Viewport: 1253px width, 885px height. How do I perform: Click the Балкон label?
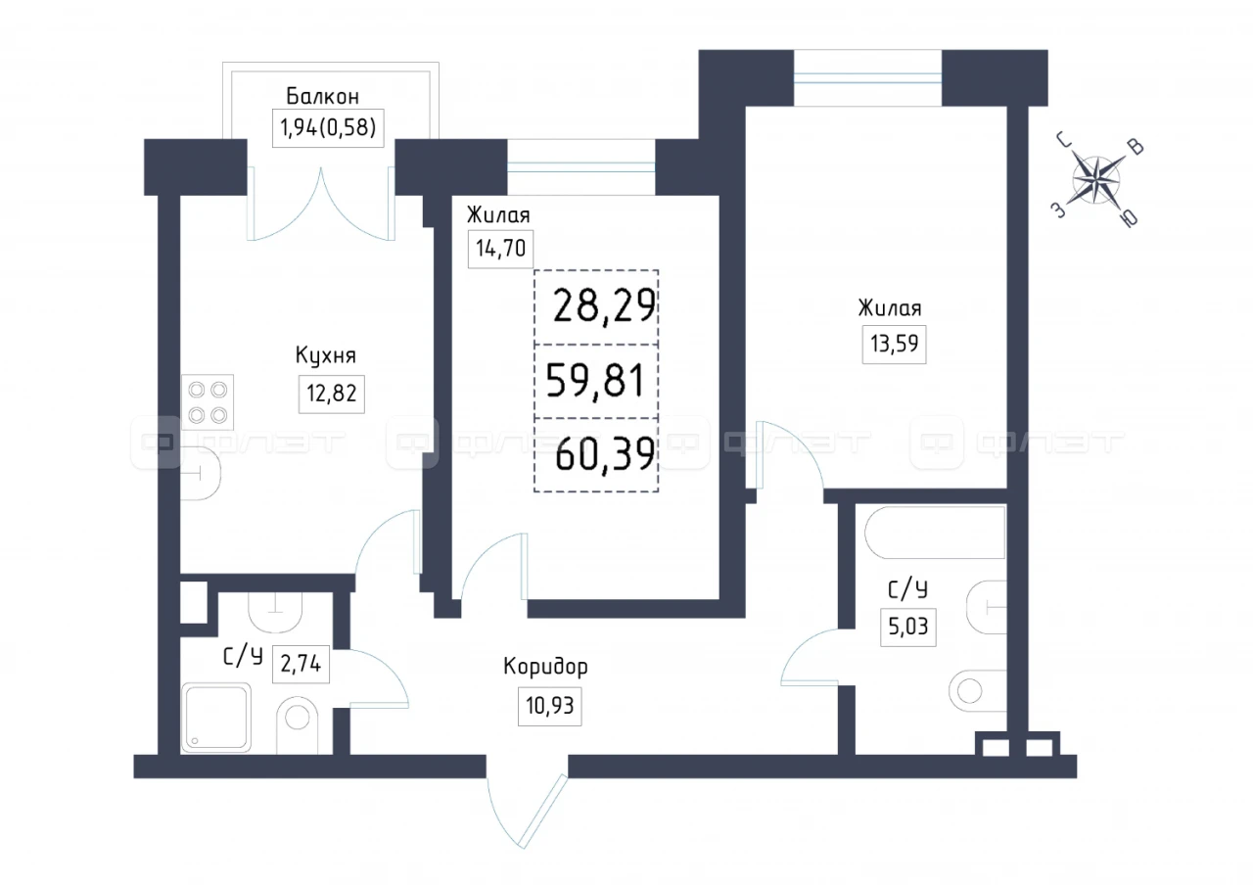[322, 96]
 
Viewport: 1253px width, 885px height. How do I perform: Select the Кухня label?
[326, 355]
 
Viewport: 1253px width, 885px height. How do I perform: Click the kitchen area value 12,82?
[331, 394]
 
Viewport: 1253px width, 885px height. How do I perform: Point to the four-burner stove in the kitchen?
[208, 402]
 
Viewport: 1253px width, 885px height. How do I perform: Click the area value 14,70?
[500, 249]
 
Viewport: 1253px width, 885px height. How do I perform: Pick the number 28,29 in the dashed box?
[604, 306]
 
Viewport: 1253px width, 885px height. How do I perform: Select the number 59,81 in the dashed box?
[595, 381]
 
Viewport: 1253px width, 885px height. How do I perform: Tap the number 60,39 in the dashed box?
[605, 453]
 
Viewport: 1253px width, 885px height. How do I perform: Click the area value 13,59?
[894, 344]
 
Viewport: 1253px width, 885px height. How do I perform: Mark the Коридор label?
[545, 666]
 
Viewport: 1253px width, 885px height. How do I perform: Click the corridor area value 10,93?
[549, 706]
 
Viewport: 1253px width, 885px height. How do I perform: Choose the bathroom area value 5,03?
[907, 627]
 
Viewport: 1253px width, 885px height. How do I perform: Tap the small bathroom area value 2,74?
[301, 664]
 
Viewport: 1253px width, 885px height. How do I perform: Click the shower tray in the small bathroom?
[216, 718]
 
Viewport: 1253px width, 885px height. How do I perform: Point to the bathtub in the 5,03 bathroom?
[935, 533]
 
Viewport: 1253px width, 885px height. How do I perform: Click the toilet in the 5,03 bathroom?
[977, 691]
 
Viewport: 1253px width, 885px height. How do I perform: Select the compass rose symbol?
[1095, 180]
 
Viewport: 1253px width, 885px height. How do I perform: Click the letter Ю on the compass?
[1130, 218]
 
